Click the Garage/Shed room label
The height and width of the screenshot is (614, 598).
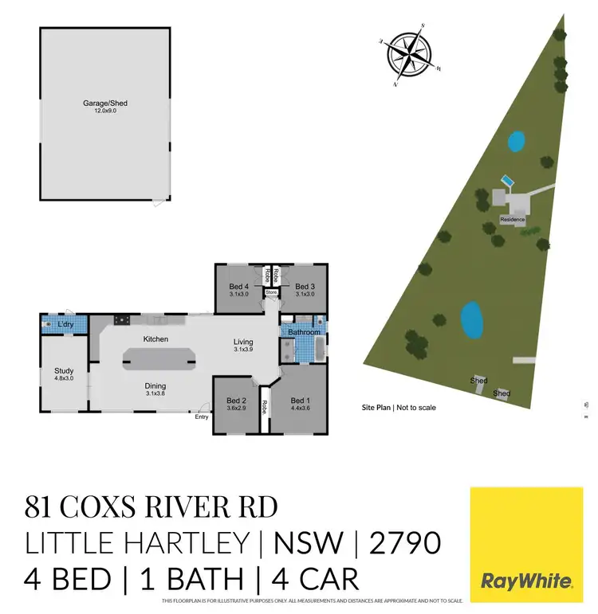click(x=105, y=104)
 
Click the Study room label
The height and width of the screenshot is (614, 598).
click(x=64, y=370)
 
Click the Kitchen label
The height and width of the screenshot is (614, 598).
click(x=155, y=339)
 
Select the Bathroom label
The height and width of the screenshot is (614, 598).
click(x=304, y=331)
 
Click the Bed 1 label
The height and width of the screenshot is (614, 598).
click(x=300, y=400)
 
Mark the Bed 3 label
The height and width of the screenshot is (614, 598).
click(x=304, y=287)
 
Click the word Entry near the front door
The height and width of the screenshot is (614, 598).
click(x=202, y=417)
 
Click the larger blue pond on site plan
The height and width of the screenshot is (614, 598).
click(x=472, y=319)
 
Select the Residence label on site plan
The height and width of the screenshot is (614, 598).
click(x=511, y=219)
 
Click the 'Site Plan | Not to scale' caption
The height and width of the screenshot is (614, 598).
click(x=399, y=407)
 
